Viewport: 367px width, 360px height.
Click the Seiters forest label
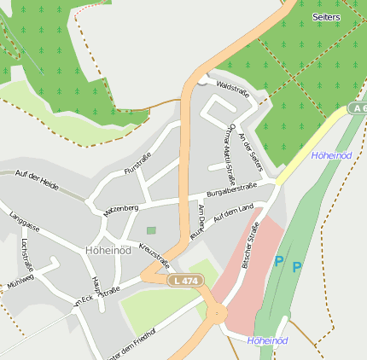(326, 17)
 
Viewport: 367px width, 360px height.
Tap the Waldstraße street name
(232, 88)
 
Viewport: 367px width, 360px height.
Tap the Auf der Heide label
(37, 178)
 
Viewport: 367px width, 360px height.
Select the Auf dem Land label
(234, 213)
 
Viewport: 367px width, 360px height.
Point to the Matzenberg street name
(120, 209)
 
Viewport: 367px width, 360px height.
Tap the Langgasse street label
(25, 229)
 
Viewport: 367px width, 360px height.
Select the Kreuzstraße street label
(154, 256)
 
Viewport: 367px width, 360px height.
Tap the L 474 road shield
(185, 281)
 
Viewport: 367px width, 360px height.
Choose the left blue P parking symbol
(278, 262)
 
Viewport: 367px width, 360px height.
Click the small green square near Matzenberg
(152, 230)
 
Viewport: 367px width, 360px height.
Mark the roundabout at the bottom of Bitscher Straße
(216, 313)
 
